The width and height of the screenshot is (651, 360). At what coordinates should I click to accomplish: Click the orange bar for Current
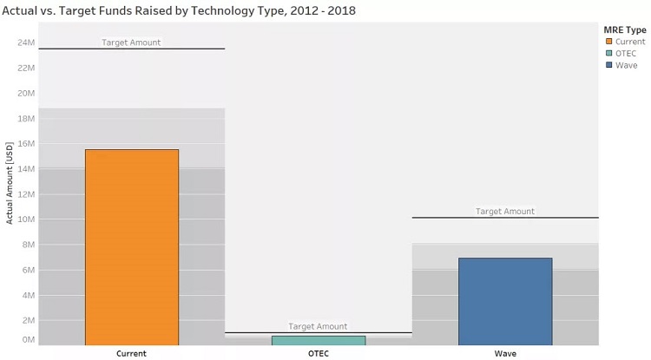[131, 247]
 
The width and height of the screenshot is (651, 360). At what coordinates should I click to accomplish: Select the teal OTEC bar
[319, 340]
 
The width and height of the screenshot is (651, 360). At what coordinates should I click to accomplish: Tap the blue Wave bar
[505, 301]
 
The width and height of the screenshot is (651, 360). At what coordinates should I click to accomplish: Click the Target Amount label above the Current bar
[131, 43]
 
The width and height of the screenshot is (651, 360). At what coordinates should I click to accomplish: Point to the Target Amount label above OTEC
[318, 326]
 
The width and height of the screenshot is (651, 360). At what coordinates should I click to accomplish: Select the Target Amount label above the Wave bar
[505, 211]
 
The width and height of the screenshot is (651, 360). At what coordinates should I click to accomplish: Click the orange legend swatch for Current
[609, 42]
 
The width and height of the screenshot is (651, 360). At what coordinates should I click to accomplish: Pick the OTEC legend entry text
[627, 54]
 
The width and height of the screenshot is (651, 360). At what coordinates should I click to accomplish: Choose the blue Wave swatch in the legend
[609, 66]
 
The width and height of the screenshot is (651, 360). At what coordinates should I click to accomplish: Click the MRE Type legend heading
[625, 29]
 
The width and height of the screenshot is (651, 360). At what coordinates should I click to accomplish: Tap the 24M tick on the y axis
[26, 43]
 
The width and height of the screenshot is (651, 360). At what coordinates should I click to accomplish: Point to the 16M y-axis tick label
[26, 144]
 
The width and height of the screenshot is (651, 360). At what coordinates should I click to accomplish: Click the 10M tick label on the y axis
[26, 219]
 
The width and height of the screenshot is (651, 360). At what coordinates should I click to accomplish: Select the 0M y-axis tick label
[29, 339]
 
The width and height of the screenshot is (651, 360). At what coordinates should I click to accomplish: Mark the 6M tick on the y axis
[29, 271]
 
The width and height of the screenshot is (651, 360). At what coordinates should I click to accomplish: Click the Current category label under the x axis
[131, 354]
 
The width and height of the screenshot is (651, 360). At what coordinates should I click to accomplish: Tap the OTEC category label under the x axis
[319, 354]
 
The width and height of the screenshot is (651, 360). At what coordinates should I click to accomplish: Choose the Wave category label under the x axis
[505, 354]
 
